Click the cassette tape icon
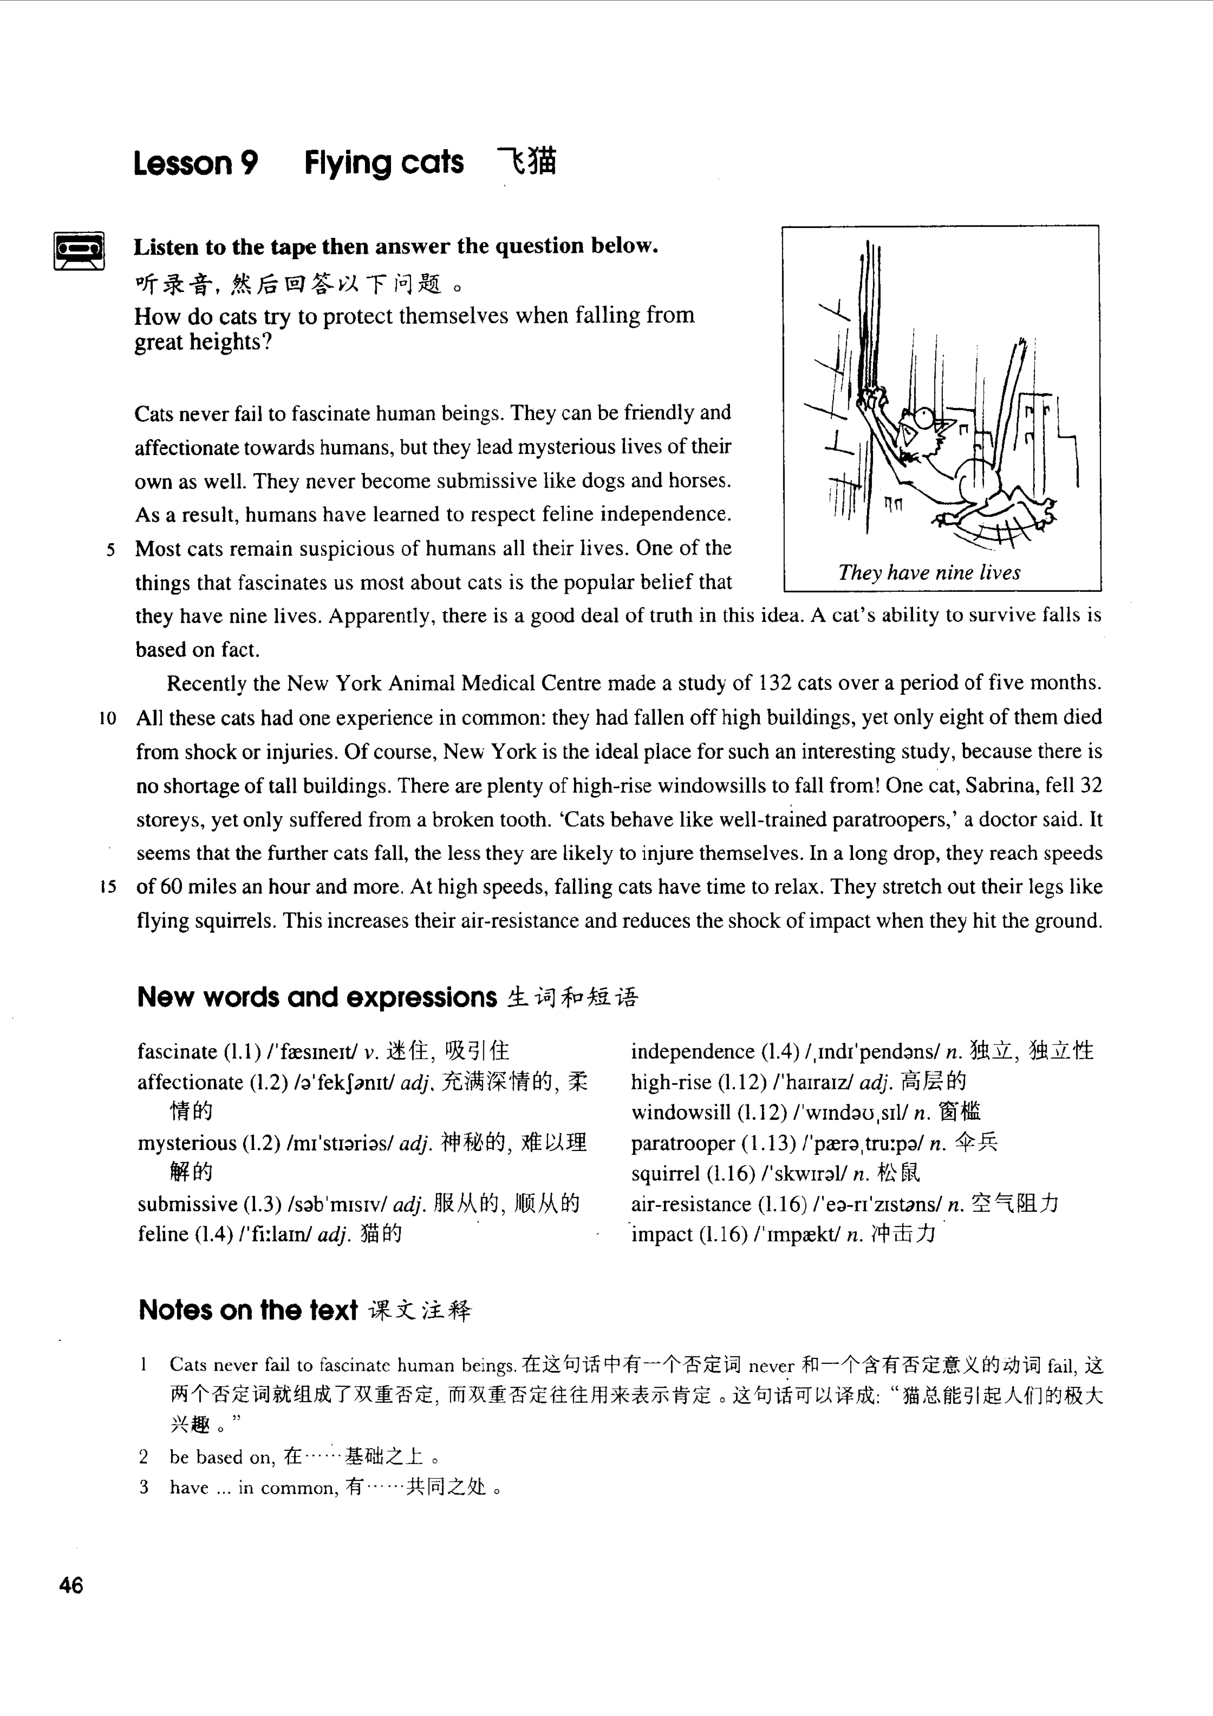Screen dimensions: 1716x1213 (79, 251)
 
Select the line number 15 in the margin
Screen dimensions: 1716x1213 (108, 888)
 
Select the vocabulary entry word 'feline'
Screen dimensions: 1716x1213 (162, 1234)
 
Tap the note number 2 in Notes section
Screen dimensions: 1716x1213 (143, 1457)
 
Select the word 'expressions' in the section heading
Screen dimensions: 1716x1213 (421, 998)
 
